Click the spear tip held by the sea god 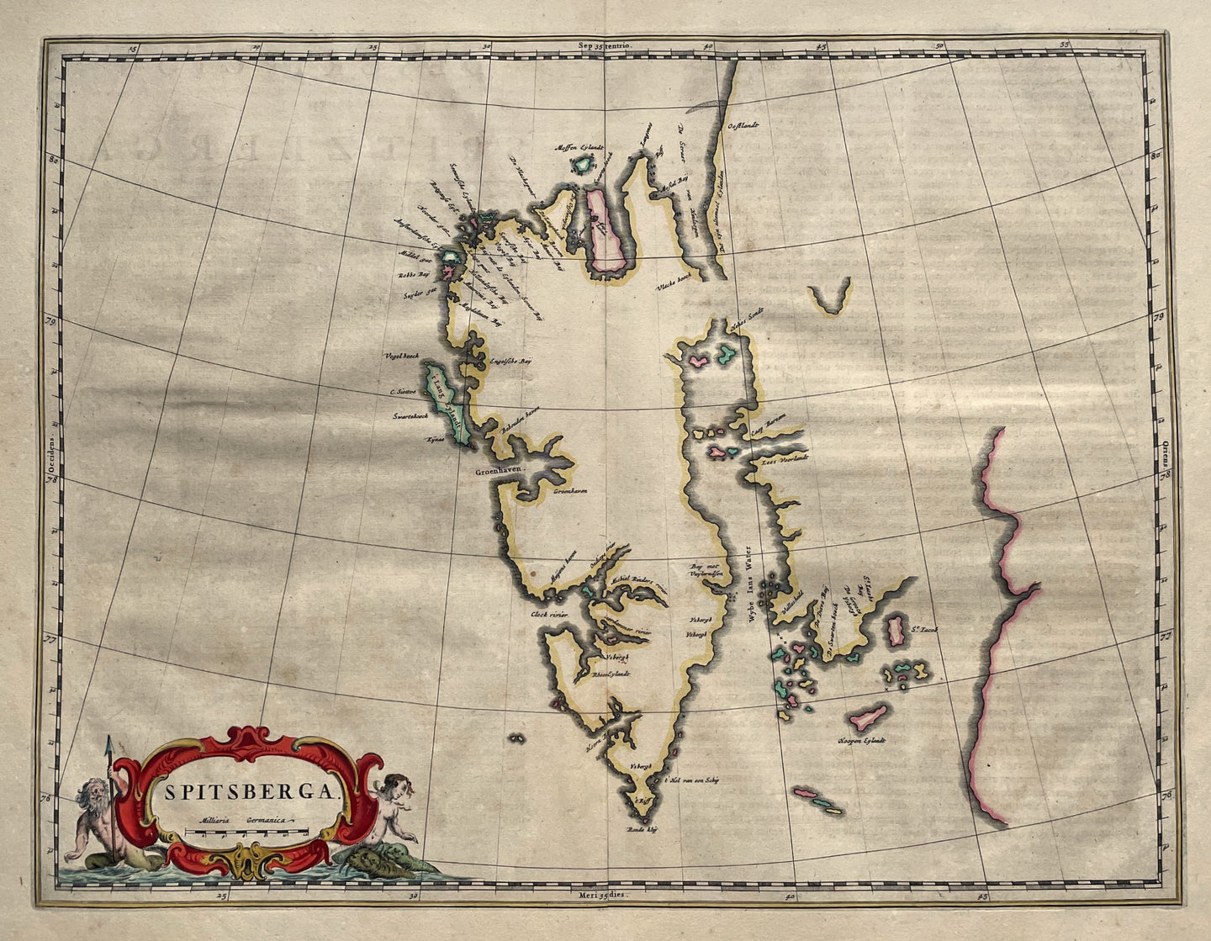(x=108, y=744)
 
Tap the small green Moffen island (x=582, y=165)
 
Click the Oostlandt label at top (x=743, y=126)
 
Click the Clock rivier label (x=549, y=615)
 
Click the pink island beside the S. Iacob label (x=896, y=629)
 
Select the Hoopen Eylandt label (x=862, y=741)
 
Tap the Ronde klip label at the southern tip (x=641, y=829)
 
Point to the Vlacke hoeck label (x=673, y=287)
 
